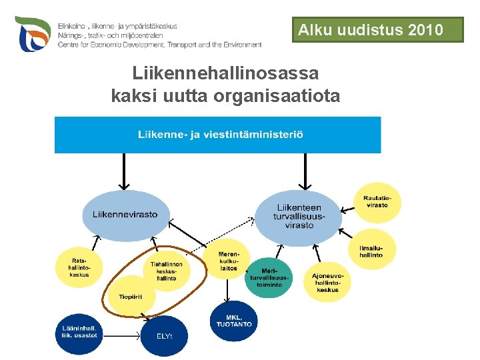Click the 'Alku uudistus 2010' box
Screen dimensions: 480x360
pyautogui.click(x=377, y=30)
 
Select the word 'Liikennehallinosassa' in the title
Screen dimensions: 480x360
pyautogui.click(x=225, y=73)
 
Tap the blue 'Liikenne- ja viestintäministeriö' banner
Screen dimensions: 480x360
pyautogui.click(x=217, y=135)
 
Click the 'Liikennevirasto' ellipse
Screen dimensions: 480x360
pyautogui.click(x=125, y=214)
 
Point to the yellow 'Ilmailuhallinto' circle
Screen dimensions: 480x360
pyautogui.click(x=371, y=251)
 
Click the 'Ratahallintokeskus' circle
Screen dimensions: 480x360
pyautogui.click(x=79, y=265)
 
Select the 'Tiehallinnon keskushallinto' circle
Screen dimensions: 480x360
pyautogui.click(x=167, y=270)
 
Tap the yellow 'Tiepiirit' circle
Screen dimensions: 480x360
pyautogui.click(x=131, y=297)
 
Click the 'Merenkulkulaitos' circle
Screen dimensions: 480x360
pyautogui.click(x=229, y=260)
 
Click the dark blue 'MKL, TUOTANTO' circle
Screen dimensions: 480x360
pyautogui.click(x=233, y=321)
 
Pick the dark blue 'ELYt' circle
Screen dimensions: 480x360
pyautogui.click(x=165, y=335)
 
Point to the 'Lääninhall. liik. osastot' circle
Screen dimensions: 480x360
pyautogui.click(x=79, y=332)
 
